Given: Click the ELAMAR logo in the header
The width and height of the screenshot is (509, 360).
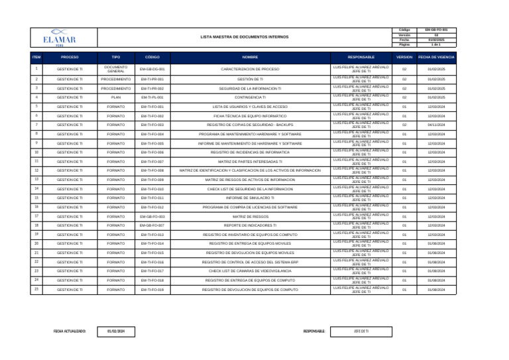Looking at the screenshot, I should [x=59, y=36].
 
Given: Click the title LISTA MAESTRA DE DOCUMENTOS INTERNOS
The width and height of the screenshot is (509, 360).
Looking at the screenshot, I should [x=245, y=37].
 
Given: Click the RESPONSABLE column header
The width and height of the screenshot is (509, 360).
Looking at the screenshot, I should [x=361, y=58].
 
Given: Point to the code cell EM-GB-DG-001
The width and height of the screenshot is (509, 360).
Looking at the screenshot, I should [x=152, y=69].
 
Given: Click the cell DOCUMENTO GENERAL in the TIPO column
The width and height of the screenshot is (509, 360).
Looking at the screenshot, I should [x=116, y=69].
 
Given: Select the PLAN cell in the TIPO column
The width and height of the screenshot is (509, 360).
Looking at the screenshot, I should [x=116, y=97].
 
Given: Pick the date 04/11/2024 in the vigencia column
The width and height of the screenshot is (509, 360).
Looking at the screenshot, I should [x=436, y=125].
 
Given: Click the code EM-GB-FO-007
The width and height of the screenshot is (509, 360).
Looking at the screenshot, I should [x=152, y=225].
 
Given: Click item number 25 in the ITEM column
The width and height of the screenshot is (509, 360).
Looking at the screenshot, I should [x=36, y=289].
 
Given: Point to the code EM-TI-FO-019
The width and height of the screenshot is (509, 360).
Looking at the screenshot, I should [x=152, y=290].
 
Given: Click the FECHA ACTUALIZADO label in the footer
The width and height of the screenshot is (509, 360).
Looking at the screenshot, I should [x=70, y=330].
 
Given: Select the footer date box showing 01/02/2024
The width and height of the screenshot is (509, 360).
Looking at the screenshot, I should [x=121, y=330].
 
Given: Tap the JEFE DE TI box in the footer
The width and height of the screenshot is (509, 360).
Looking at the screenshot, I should [x=361, y=330].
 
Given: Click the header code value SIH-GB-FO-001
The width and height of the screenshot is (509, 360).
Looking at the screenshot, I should [x=436, y=30].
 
